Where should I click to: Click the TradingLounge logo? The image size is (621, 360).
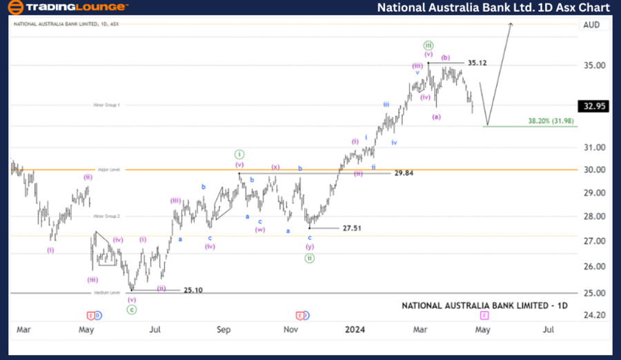[x=67, y=7]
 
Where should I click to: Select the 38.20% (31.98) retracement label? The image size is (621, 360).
[x=551, y=121]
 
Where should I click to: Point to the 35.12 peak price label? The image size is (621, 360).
[x=477, y=63]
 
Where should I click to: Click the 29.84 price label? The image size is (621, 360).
[x=404, y=173]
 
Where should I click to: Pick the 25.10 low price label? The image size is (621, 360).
[x=194, y=290]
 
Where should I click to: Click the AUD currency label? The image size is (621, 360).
[x=591, y=24]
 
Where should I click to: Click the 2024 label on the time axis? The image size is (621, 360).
[x=357, y=330]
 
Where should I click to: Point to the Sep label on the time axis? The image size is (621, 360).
[x=223, y=330]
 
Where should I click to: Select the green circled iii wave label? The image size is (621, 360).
[x=428, y=45]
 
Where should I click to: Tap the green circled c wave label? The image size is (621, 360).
[x=131, y=310]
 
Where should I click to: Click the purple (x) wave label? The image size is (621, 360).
[x=275, y=167]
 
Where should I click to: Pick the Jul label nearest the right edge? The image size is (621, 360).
[x=549, y=330]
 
